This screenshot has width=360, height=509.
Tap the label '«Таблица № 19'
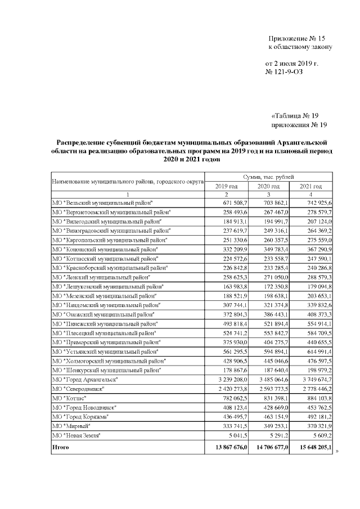[x=299, y=115]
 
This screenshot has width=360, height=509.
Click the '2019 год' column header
[x=227, y=186]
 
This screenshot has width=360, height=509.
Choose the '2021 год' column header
[x=310, y=186]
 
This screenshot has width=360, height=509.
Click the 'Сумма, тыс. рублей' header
[x=269, y=177]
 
